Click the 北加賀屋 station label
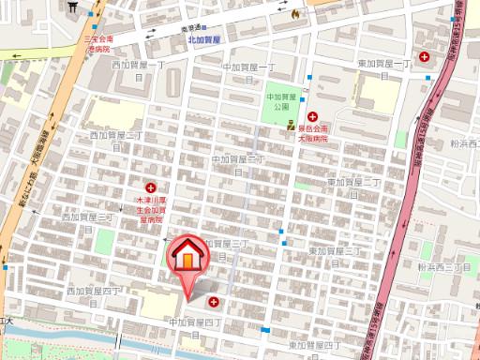coord(203,40)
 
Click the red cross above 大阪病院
coord(312,117)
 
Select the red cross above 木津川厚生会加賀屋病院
coord(150,187)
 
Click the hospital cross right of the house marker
coord(215,302)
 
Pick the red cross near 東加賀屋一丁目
coord(426,57)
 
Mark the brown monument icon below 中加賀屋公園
coord(292,125)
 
